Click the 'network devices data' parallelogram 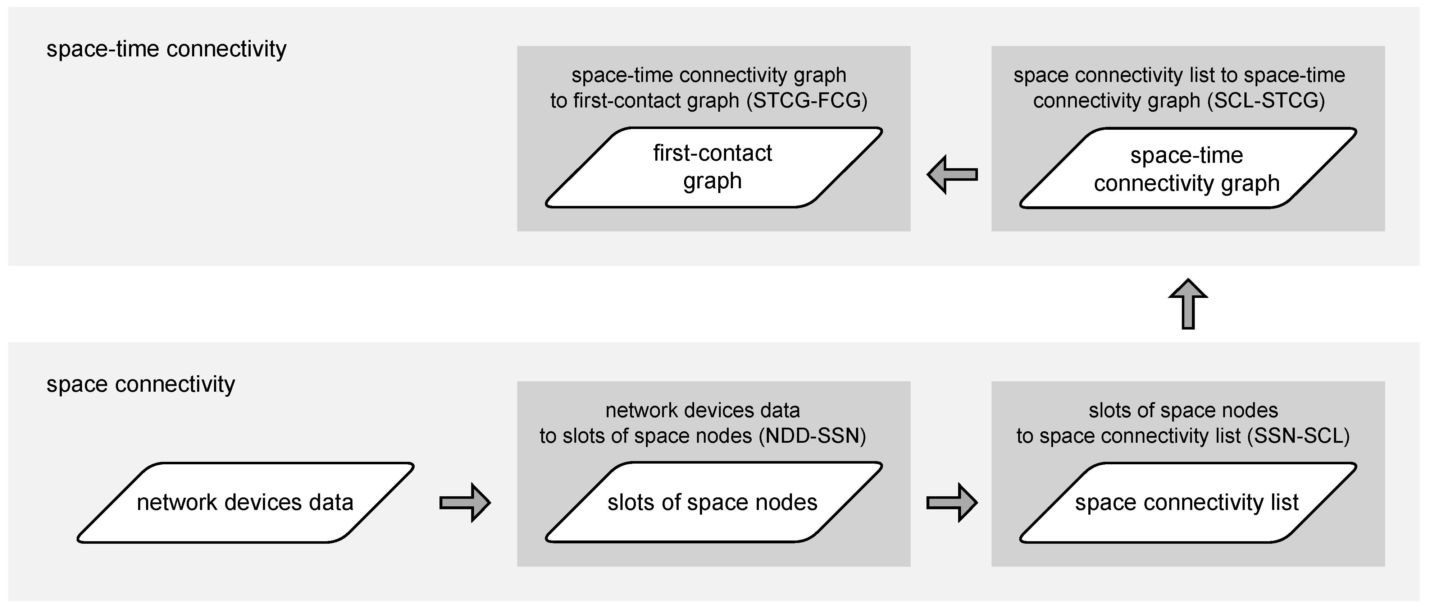pos(245,502)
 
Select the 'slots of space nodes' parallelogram pos(713,502)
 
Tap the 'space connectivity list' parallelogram pos(1187,502)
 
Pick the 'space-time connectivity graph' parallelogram pos(1187,168)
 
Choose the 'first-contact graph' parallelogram pos(713,167)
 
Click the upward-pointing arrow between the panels pos(1188,304)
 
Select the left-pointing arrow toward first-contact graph pos(952,175)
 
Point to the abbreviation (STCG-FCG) pos(806,100)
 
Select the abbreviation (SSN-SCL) pos(1298,436)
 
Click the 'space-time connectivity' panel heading pos(166,49)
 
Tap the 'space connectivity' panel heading pos(140,384)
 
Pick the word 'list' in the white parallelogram pos(1285,502)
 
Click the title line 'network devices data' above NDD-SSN pos(702,411)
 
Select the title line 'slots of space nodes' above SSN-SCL pos(1183,411)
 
